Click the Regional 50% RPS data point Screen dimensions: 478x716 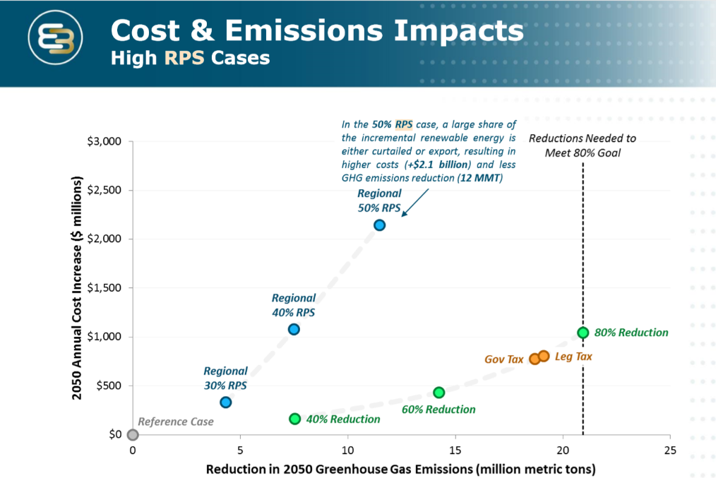pos(379,225)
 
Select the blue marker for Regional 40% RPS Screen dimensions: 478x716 pos(294,329)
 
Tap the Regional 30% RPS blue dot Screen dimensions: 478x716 pos(226,402)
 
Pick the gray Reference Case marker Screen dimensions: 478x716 pos(133,434)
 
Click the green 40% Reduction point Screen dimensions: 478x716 pos(295,419)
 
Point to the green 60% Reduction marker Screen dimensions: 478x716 pos(438,393)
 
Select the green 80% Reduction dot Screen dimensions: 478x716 pos(583,333)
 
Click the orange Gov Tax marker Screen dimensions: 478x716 pos(535,359)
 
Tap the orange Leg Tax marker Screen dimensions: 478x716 pos(544,356)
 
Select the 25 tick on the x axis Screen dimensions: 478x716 pos(670,450)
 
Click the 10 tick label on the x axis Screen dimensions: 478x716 pos(347,450)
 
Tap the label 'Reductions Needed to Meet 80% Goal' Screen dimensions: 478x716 pos(583,145)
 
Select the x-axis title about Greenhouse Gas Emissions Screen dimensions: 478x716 pos(401,469)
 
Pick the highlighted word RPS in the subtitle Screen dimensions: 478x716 pos(184,58)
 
